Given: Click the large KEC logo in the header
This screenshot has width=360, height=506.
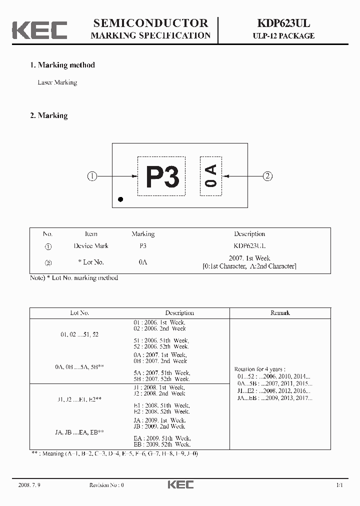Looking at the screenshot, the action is point(39,29).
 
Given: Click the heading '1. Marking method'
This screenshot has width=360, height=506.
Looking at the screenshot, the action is point(62,65).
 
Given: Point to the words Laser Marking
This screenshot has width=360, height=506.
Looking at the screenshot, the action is point(57,82).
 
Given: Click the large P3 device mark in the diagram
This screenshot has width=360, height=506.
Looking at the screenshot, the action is point(162,176).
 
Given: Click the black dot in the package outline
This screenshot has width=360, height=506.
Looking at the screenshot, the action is point(120,199).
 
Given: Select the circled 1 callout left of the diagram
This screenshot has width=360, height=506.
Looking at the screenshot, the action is point(91,176).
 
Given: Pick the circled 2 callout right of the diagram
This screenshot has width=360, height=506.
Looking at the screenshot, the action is point(268,176).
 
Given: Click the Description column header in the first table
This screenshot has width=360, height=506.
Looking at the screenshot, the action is point(249,233).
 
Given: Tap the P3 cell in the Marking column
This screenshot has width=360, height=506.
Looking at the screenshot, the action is point(143,246).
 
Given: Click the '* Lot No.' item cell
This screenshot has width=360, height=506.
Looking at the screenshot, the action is point(91,262).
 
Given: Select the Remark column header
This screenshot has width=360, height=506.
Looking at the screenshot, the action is point(280,313).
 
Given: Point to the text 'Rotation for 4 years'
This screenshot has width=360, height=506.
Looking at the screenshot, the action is point(259,369).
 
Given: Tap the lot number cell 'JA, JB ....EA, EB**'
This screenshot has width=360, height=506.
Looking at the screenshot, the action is point(79,431).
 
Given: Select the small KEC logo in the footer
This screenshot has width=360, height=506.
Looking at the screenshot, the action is point(180,484).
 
